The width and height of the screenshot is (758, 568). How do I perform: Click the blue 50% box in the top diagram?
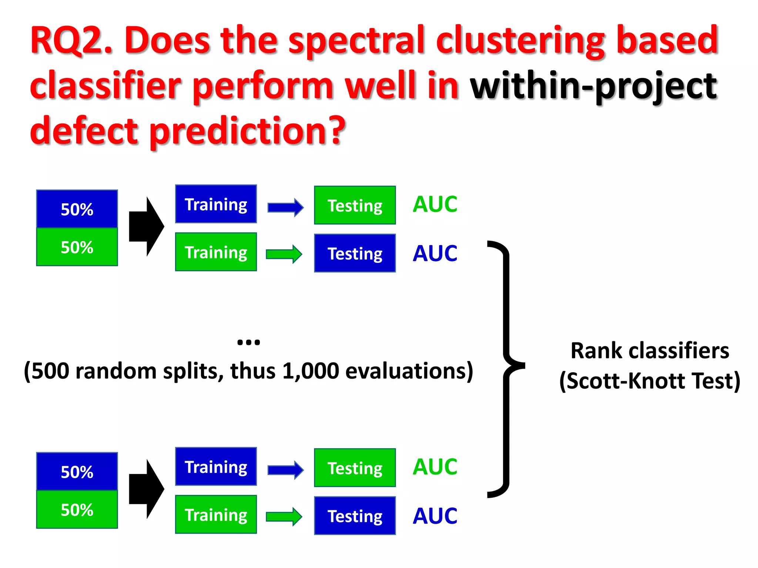click(77, 209)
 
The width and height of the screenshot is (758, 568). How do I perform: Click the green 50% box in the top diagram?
click(77, 247)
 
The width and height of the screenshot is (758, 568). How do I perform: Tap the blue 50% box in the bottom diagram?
click(77, 471)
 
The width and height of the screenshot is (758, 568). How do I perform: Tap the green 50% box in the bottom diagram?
click(77, 510)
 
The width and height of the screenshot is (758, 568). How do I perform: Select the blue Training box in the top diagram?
click(216, 204)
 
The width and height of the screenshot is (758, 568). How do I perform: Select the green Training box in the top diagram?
click(216, 252)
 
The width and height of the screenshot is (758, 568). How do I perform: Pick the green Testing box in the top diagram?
click(355, 205)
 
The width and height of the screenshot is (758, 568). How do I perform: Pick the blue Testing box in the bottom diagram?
click(355, 515)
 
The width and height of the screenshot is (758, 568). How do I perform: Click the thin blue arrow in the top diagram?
click(285, 207)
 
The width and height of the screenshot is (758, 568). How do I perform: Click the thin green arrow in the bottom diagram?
click(284, 516)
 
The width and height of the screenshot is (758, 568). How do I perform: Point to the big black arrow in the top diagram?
click(146, 226)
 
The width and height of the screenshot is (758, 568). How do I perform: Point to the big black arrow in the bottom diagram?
click(146, 489)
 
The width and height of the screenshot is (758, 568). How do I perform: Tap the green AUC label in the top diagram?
click(435, 204)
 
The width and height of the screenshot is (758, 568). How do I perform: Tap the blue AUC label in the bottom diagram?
click(435, 515)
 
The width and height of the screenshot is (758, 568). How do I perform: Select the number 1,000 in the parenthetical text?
click(310, 371)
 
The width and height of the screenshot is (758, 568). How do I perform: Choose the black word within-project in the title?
click(593, 86)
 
